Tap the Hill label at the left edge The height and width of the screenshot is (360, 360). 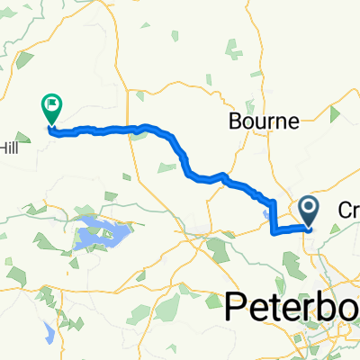point(8,147)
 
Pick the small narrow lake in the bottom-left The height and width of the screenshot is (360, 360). point(47,329)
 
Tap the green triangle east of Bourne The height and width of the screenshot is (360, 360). point(335,114)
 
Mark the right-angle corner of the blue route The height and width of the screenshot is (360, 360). point(273,231)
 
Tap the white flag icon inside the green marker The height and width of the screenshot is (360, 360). point(51,105)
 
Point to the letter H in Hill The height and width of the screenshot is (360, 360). point(3,147)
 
